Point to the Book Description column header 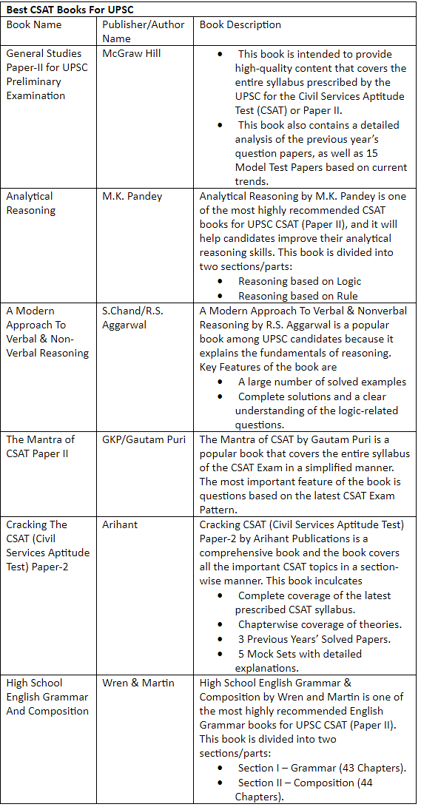pyautogui.click(x=240, y=24)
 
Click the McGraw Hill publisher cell pyautogui.click(x=131, y=53)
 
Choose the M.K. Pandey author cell pyautogui.click(x=132, y=196)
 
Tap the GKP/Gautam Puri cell pyautogui.click(x=144, y=439)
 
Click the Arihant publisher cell pyautogui.click(x=120, y=524)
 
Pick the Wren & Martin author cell pyautogui.click(x=138, y=683)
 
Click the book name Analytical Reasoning pyautogui.click(x=30, y=203)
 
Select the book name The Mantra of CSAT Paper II pyautogui.click(x=41, y=446)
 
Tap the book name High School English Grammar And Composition pyautogui.click(x=47, y=697)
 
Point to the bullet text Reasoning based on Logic pyautogui.click(x=300, y=282)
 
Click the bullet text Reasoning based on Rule pyautogui.click(x=297, y=296)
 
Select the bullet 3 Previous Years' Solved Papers pyautogui.click(x=314, y=639)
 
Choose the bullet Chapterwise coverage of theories pyautogui.click(x=320, y=624)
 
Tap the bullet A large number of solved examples pyautogui.click(x=322, y=382)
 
